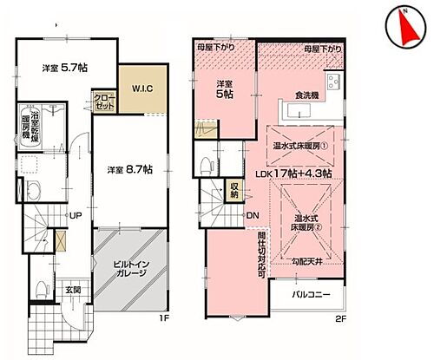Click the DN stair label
252,215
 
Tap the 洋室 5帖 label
227,90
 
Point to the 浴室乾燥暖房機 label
27,127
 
